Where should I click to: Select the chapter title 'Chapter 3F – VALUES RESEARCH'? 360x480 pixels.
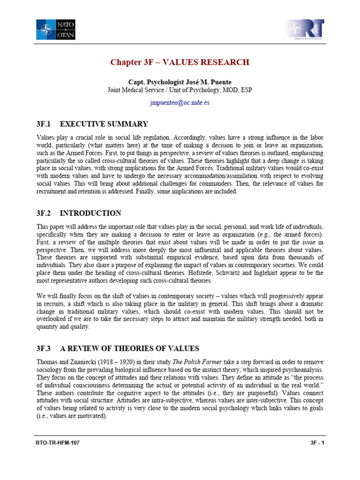[x=180, y=62]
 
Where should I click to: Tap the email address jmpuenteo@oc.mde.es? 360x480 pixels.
[x=180, y=103]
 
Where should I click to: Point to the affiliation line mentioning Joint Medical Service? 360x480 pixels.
[x=180, y=90]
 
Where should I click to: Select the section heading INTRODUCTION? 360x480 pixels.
[x=91, y=213]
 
